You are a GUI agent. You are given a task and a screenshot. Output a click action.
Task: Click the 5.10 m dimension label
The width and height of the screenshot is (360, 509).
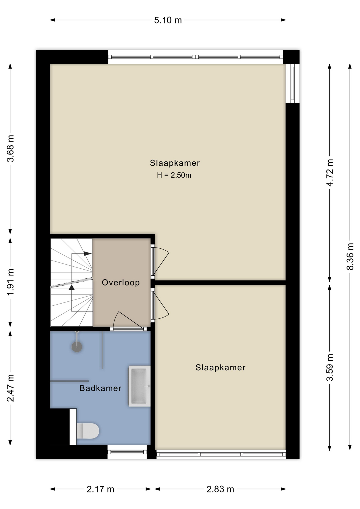[168, 20]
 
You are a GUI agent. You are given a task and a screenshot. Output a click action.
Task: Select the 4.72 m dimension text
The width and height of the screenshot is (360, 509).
[330, 173]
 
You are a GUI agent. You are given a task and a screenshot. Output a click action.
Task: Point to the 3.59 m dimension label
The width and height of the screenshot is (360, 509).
[330, 367]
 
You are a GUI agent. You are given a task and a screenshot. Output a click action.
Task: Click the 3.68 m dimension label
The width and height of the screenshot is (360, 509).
[10, 148]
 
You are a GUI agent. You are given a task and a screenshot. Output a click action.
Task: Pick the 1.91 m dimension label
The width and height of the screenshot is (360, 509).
[10, 282]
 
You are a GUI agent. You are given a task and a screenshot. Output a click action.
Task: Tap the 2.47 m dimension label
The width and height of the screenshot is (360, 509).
[10, 388]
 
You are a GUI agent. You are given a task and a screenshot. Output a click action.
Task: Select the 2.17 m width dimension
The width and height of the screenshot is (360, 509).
[100, 489]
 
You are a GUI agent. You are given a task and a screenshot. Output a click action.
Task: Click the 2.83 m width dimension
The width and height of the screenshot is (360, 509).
[220, 489]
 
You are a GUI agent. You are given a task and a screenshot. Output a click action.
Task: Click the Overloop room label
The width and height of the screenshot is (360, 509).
[121, 282]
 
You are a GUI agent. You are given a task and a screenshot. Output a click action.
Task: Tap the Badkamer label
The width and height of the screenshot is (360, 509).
[100, 388]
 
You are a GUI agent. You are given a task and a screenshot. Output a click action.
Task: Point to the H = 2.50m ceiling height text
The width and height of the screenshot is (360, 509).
[174, 175]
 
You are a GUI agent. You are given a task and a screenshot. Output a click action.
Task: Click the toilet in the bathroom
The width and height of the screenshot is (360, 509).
[87, 431]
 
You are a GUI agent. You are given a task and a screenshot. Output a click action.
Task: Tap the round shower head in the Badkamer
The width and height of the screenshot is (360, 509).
[77, 346]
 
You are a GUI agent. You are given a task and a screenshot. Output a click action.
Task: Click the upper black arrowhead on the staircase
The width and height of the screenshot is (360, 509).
[87, 254]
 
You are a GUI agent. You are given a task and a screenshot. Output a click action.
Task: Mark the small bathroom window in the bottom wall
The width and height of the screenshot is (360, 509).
[127, 452]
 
